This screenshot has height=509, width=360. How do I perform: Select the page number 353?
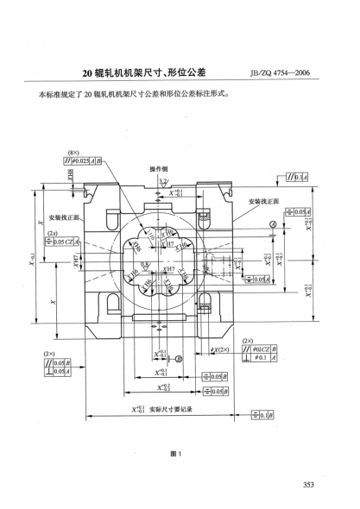pyautogui.click(x=327, y=485)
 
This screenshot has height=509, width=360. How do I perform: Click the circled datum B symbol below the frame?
pyautogui.click(x=178, y=358)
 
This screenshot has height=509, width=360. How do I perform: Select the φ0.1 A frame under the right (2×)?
pyautogui.click(x=260, y=356)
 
